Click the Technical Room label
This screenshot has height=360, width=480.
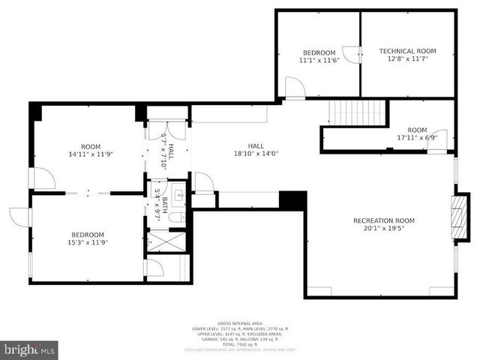407,51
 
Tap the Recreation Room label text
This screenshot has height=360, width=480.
383,220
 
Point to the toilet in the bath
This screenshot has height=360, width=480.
173,217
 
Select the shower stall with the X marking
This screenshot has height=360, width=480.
159,241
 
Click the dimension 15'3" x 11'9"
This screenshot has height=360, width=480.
88,243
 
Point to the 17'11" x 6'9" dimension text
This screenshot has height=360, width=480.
417,138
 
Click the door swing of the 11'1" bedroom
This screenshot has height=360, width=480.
295,88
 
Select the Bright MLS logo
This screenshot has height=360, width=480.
29,349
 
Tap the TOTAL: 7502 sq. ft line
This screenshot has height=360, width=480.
240,344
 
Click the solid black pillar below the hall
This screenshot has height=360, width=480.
292,200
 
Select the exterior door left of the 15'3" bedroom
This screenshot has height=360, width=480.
20,216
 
